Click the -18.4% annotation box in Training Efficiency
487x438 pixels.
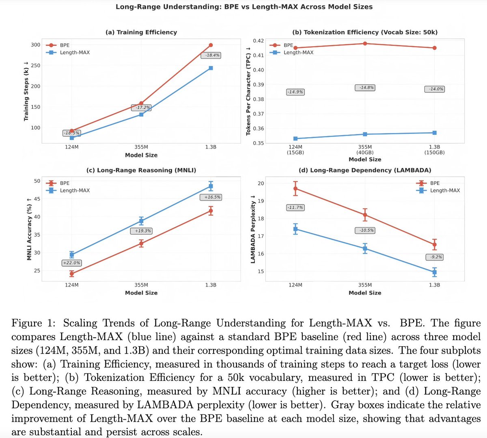pos(212,55)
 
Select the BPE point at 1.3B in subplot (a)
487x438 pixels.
pos(211,45)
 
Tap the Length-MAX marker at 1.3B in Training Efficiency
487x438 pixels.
pos(211,68)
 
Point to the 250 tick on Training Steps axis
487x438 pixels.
pos(36,66)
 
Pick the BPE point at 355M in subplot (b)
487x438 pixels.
pos(365,43)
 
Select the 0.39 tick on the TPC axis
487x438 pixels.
pos(259,84)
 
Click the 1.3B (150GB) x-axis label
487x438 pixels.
pos(434,149)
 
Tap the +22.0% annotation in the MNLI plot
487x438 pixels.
pos(71,263)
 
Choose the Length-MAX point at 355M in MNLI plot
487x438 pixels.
pos(141,221)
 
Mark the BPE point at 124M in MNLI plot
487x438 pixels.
pos(72,274)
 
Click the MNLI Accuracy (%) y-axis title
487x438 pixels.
pos(29,229)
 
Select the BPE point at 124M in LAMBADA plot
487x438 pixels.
pos(295,188)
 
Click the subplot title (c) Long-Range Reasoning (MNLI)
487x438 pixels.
pos(141,170)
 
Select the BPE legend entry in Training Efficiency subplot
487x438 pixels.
pos(65,45)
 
